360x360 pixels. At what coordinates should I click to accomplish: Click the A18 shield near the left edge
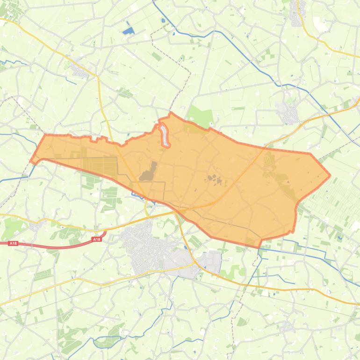(x=13, y=243)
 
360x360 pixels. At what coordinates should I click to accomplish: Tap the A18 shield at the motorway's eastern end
(x=96, y=239)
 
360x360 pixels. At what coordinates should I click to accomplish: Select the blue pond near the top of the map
(x=128, y=31)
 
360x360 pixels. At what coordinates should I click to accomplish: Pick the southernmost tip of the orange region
(x=259, y=247)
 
